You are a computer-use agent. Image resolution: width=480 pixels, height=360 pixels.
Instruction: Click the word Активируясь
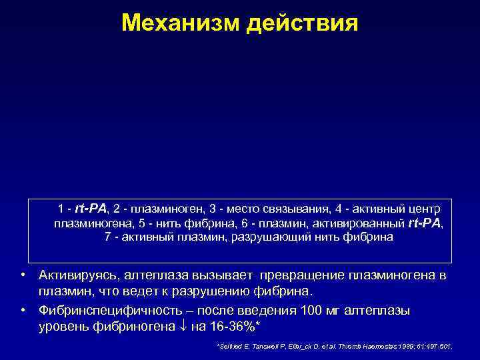click(x=79, y=275)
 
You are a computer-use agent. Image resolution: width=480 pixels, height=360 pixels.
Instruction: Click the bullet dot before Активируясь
click(x=23, y=275)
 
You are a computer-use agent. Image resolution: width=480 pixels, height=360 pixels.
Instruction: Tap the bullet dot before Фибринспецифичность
click(x=23, y=310)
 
